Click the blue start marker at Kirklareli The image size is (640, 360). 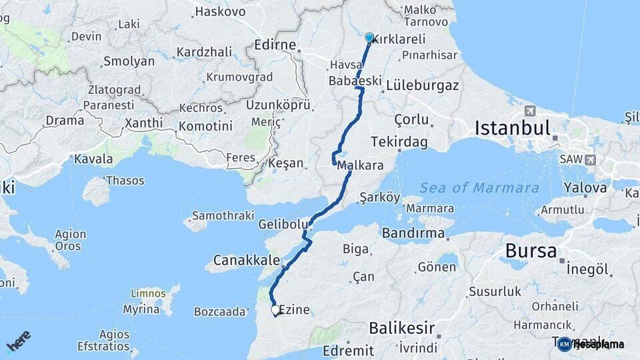tap(369, 37)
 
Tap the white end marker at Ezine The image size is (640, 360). tap(275, 309)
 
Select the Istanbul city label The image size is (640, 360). tap(512, 128)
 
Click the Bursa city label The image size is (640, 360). tap(531, 251)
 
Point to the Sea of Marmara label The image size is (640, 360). tap(479, 188)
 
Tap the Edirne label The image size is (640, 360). tap(275, 45)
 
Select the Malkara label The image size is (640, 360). tap(360, 165)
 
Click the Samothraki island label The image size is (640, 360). tap(223, 215)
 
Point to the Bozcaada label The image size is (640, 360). tap(219, 311)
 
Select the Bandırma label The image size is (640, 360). tap(413, 233)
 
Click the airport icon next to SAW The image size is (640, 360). tap(590, 160)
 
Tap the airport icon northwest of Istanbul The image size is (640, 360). tap(530, 111)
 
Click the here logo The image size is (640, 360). tap(19, 341)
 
